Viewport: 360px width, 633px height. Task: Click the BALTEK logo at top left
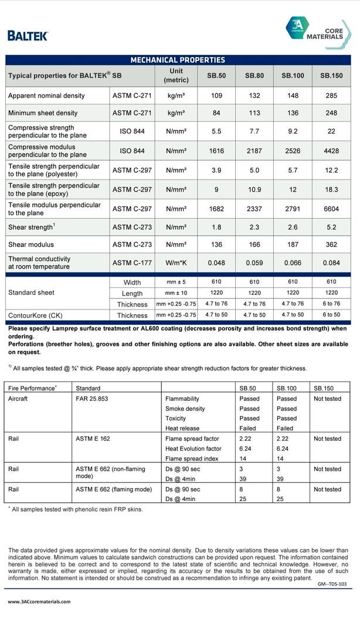27,35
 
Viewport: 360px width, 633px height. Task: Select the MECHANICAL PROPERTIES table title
178,60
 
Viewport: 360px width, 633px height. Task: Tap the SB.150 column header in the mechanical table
331,76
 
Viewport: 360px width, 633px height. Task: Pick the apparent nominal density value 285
331,96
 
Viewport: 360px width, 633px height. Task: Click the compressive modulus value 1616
216,151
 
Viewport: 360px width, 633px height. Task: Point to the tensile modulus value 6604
331,209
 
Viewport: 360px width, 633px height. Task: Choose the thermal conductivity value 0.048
216,263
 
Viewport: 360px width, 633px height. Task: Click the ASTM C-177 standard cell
132,263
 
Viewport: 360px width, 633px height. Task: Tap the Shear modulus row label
31,244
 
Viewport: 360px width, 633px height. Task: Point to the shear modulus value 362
331,244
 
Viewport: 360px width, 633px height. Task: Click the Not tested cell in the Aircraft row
327,399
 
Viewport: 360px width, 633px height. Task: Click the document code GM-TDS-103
332,584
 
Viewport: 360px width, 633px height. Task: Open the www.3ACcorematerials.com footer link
39,601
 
